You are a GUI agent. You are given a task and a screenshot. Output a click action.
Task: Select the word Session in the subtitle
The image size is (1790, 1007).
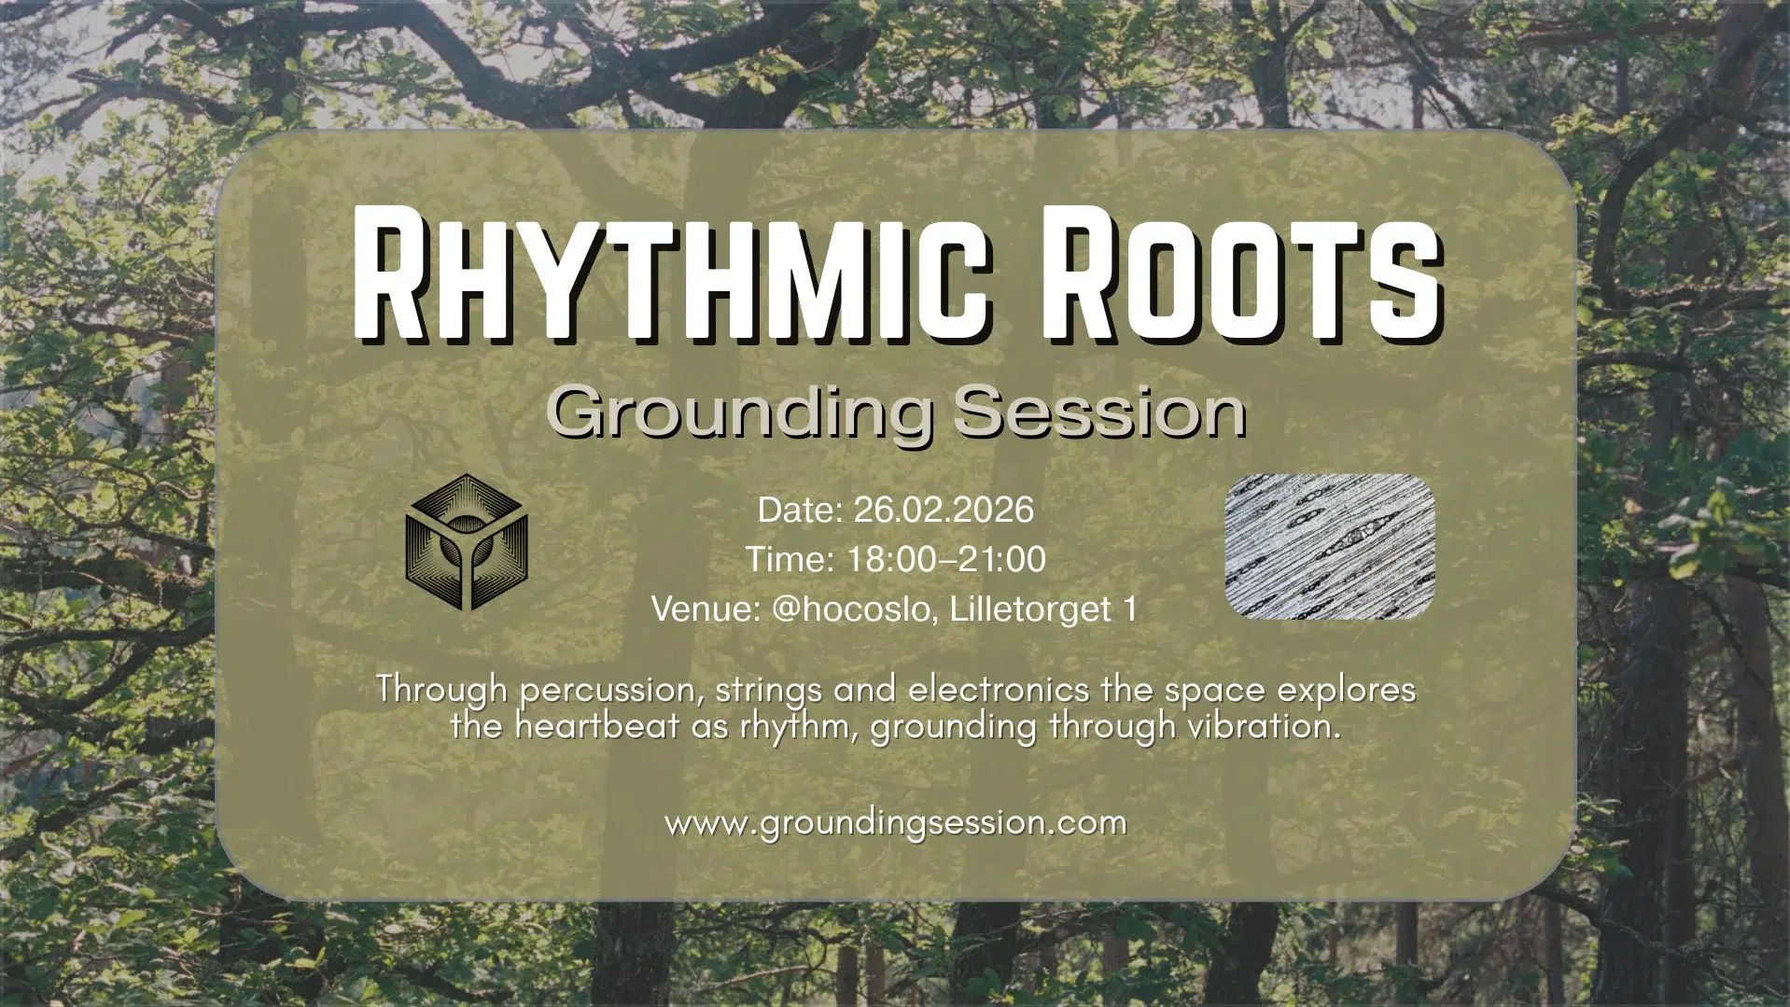pos(1099,412)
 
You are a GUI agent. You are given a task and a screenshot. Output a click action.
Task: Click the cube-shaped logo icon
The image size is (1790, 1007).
pos(467,542)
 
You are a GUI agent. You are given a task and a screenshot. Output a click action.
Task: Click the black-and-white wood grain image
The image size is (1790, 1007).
pos(1329,547)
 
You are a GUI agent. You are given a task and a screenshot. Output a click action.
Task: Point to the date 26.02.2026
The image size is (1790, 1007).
pos(943,510)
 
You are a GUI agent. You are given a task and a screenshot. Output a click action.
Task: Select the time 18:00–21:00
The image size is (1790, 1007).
pos(945,559)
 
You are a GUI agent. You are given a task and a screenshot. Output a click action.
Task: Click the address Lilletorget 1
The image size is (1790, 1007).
pos(1043,608)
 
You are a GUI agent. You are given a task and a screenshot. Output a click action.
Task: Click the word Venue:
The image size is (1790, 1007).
pos(706,608)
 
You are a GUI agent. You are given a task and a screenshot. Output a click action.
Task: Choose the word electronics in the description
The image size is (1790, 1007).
pos(998,690)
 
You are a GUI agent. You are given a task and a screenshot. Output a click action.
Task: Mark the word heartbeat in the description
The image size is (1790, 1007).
pos(597,726)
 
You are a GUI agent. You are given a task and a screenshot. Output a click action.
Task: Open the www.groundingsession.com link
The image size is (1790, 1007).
pos(895,823)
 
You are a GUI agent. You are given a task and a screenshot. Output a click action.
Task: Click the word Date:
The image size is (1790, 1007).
pos(800,510)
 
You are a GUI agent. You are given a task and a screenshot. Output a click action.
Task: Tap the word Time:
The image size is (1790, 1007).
pos(790,559)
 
